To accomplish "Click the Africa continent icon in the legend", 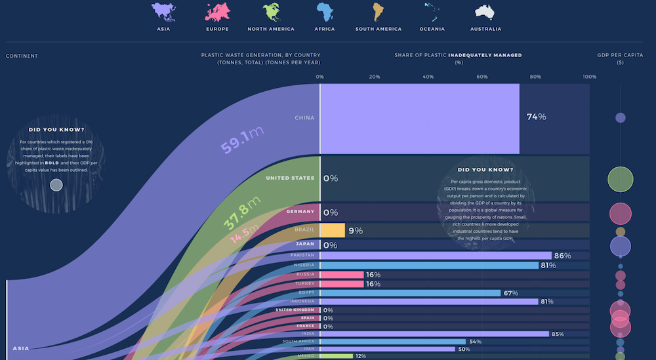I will [x=325, y=12].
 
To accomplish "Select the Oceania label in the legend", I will [x=432, y=29].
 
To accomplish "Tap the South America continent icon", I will [x=378, y=12].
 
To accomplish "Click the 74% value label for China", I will [x=536, y=117].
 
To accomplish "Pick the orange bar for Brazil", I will [x=333, y=230].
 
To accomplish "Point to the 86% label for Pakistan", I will [x=562, y=256].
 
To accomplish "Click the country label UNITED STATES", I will [x=290, y=178].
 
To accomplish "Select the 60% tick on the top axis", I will [x=482, y=77].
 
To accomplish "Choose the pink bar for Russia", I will [x=342, y=274].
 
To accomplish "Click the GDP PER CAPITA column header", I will [x=619, y=56].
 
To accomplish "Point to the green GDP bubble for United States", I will [x=620, y=179].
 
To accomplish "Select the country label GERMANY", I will [x=300, y=212].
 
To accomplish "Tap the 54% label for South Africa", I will [x=475, y=342].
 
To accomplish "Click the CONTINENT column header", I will [x=22, y=56].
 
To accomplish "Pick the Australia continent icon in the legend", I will [x=485, y=12].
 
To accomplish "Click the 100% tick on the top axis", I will [x=589, y=77].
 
